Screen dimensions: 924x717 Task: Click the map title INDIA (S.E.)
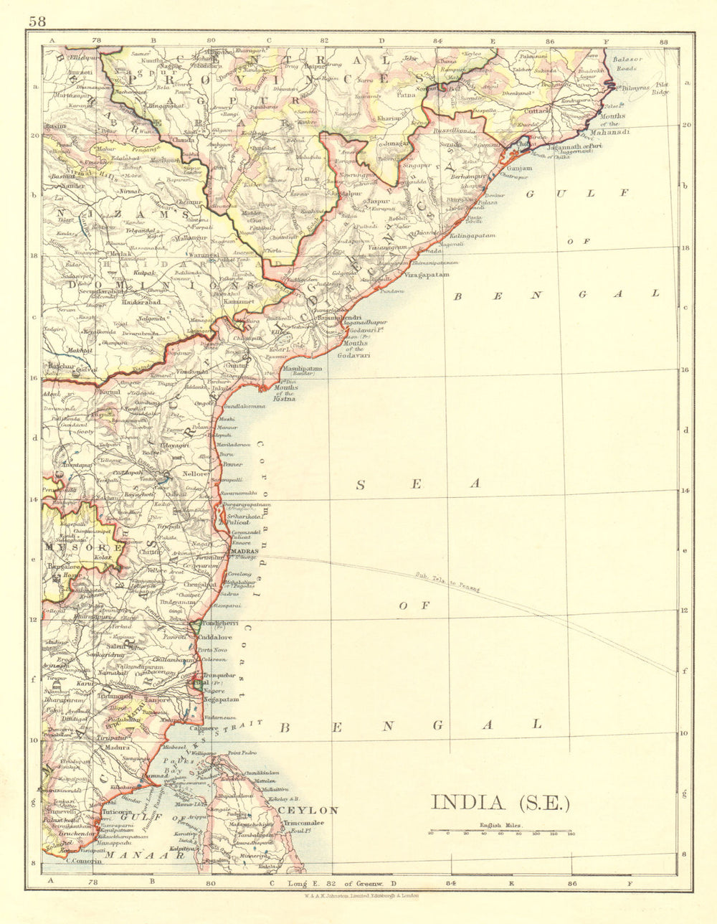(x=500, y=801)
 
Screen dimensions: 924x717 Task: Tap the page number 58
(x=37, y=21)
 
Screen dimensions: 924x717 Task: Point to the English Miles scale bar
(x=500, y=833)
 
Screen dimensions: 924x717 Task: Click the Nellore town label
(x=195, y=474)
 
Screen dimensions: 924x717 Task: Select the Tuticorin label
(x=118, y=812)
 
